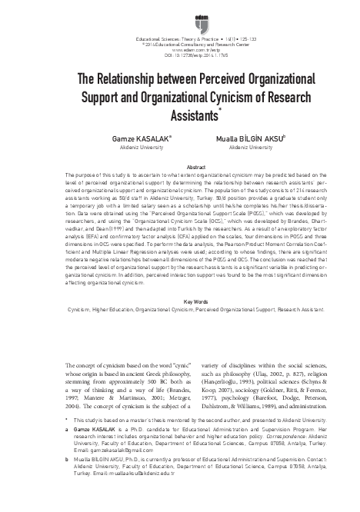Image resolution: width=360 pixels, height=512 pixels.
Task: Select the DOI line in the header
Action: pyautogui.click(x=180, y=56)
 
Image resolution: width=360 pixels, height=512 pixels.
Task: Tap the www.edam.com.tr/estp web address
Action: pyautogui.click(x=180, y=51)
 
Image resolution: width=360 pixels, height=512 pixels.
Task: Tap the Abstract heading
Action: pyautogui.click(x=179, y=167)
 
